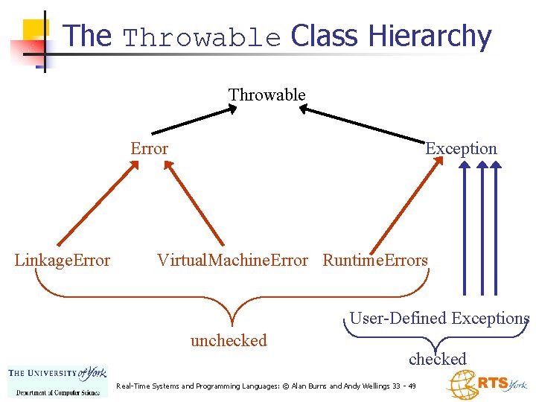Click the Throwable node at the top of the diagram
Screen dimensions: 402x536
click(267, 95)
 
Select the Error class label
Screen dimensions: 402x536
click(149, 148)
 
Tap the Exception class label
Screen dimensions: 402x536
click(461, 148)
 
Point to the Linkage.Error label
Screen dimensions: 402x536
click(63, 260)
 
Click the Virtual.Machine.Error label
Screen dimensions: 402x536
click(232, 260)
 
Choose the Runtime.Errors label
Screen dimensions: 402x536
click(375, 260)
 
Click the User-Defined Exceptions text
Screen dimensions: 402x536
click(439, 318)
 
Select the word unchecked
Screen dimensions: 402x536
click(229, 340)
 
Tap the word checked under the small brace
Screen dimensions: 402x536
click(437, 359)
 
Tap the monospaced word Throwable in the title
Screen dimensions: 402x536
click(202, 37)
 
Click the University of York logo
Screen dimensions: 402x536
click(57, 380)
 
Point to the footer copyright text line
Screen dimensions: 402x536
click(267, 386)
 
